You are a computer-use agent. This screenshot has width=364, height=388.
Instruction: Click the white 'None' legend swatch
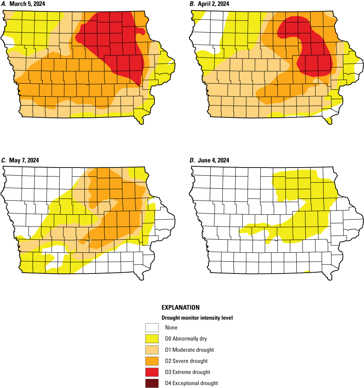[x=151, y=327]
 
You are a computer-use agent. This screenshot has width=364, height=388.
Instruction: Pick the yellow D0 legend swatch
[x=151, y=338]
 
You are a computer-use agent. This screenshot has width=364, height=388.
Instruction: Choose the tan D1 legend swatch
[x=151, y=350]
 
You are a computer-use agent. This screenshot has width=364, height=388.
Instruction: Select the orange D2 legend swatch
[x=151, y=361]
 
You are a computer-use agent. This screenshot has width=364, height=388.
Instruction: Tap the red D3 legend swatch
[x=151, y=372]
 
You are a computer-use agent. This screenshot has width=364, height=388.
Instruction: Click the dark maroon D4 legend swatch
[x=151, y=383]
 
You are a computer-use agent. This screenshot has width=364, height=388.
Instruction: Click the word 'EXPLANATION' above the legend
[x=180, y=307]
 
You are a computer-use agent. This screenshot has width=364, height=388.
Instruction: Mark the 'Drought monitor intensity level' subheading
[x=197, y=317]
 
